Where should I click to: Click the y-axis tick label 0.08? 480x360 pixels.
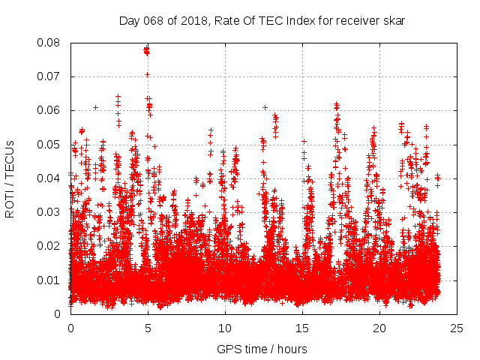point(50,43)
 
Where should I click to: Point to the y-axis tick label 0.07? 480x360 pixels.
point(50,76)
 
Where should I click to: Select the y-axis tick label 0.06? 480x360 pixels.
point(50,110)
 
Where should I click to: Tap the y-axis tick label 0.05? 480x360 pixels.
point(50,144)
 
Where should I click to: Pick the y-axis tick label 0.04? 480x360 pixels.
point(50,178)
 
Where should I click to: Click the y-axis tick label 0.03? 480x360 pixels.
point(50,212)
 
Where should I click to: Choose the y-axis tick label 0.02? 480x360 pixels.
point(50,246)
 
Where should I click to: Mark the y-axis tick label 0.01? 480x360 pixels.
point(50,280)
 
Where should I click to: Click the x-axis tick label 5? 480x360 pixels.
point(148,328)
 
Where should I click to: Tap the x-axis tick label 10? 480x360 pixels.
point(225,328)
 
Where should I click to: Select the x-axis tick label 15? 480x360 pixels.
point(303,328)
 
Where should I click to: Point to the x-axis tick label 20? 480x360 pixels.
point(380,328)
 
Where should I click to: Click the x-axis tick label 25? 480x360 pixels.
point(457,328)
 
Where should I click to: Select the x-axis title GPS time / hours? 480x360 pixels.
point(262,349)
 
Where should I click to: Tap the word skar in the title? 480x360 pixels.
point(394,21)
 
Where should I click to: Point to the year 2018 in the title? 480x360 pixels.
point(190,21)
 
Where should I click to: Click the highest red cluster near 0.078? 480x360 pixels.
point(147,50)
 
